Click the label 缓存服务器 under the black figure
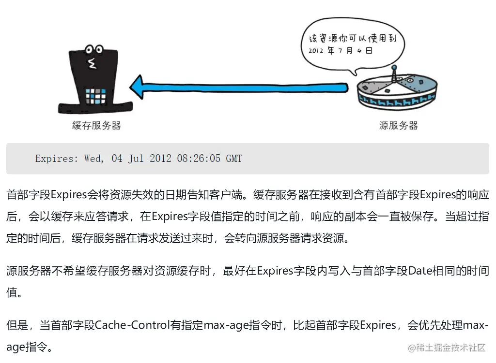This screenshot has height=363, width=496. coord(96,126)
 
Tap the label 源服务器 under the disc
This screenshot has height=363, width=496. coord(398,126)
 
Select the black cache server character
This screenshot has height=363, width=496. coord(96,80)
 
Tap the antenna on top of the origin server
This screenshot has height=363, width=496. coord(394,73)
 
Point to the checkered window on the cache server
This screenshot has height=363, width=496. coord(95,96)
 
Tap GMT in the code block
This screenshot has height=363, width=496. coord(234,159)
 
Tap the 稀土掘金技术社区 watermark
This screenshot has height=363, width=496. coord(447,348)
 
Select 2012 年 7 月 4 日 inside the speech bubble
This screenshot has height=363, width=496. coord(340,51)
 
